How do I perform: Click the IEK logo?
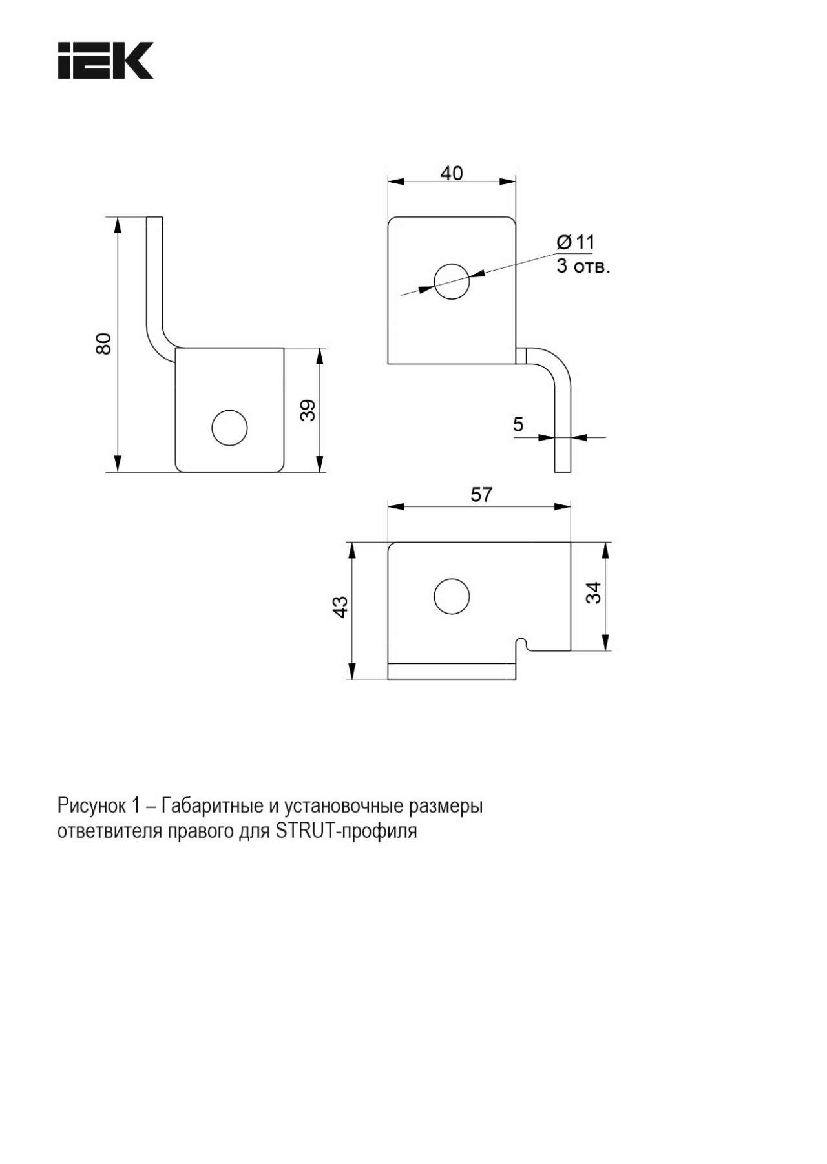tap(106, 61)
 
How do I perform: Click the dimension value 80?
tap(103, 344)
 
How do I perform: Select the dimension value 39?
tap(308, 410)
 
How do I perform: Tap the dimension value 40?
tap(452, 173)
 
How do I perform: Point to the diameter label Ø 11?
tap(575, 242)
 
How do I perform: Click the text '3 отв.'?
tap(583, 266)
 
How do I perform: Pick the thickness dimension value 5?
tap(518, 424)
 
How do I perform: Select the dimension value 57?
tap(481, 495)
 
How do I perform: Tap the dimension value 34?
tap(592, 592)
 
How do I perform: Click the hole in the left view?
tap(229, 427)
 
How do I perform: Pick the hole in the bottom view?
tap(452, 596)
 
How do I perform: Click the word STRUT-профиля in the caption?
tap(346, 831)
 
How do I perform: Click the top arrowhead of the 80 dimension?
tap(118, 225)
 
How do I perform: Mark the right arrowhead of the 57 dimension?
tap(563, 506)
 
